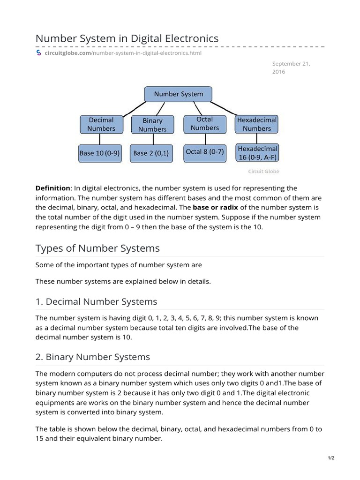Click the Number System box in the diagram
pyautogui.click(x=178, y=94)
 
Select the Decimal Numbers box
pyautogui.click(x=101, y=124)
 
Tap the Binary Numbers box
pyautogui.click(x=152, y=125)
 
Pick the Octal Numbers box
pyautogui.click(x=204, y=124)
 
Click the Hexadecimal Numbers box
pyautogui.click(x=256, y=124)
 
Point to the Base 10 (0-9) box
pyautogui.click(x=99, y=153)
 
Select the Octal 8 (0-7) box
pyautogui.click(x=205, y=152)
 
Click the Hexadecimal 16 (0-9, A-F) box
pyautogui.click(x=257, y=153)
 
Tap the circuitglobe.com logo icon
pyautogui.click(x=39, y=53)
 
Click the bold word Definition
pyautogui.click(x=52, y=188)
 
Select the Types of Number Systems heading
pyautogui.click(x=97, y=248)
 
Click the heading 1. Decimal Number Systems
pyautogui.click(x=96, y=301)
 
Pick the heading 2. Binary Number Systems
pyautogui.click(x=93, y=357)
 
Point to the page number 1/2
pyautogui.click(x=330, y=458)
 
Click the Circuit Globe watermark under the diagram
pyautogui.click(x=263, y=172)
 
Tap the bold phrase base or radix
pyautogui.click(x=215, y=208)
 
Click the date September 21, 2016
pyautogui.click(x=291, y=67)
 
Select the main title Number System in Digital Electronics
pyautogui.click(x=127, y=38)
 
